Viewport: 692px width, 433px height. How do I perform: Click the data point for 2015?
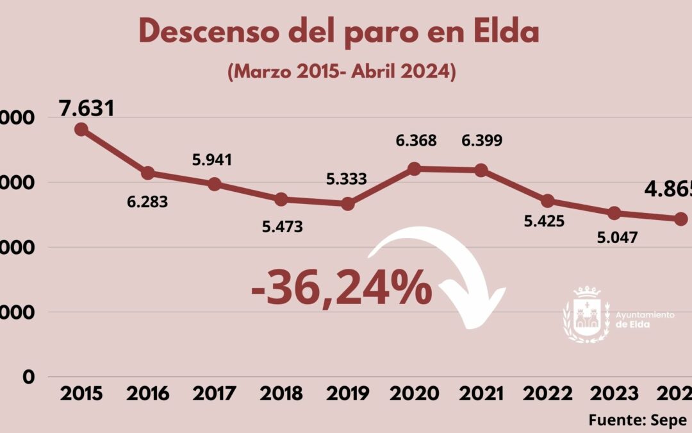click(x=81, y=130)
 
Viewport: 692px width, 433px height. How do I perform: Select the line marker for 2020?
click(x=414, y=169)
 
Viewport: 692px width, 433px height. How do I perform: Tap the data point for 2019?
click(x=348, y=204)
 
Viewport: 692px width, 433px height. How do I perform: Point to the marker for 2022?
click(x=548, y=201)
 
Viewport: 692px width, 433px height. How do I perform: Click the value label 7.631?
click(x=86, y=108)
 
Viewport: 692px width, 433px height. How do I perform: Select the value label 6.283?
click(x=147, y=202)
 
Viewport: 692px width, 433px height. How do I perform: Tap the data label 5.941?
click(x=212, y=160)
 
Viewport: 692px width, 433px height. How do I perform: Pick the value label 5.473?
click(x=282, y=226)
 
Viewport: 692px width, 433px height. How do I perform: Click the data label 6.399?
click(x=482, y=140)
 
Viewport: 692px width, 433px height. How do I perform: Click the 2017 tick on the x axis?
click(x=215, y=394)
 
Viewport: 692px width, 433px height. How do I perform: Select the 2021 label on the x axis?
click(x=481, y=394)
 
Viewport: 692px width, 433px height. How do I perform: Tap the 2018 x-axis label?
click(x=281, y=394)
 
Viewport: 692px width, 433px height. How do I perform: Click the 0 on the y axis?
click(x=29, y=377)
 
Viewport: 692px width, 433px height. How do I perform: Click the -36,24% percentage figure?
click(x=341, y=287)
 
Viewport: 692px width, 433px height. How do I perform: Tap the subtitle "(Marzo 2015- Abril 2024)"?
click(x=342, y=71)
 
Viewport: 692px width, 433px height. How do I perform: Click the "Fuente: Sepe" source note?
click(x=638, y=420)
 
